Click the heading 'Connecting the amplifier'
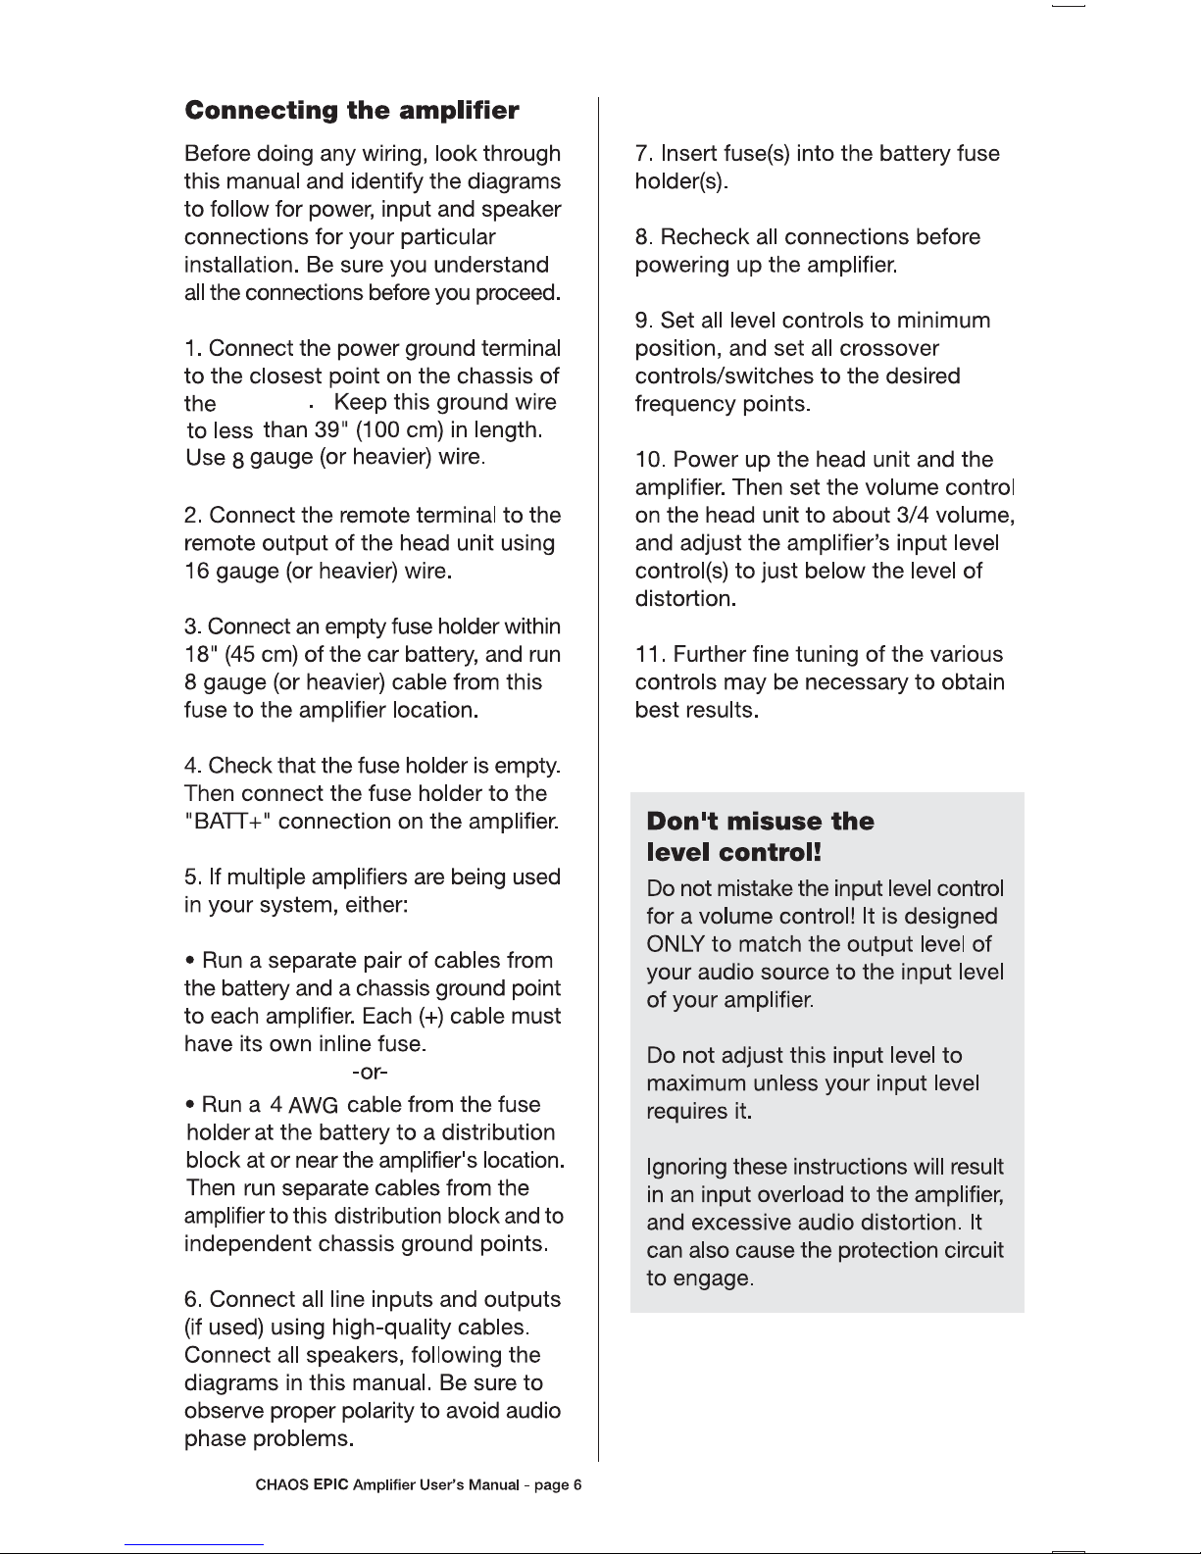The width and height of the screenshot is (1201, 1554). click(352, 110)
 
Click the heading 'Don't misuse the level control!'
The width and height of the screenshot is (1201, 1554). click(760, 836)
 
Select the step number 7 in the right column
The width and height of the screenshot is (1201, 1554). click(642, 154)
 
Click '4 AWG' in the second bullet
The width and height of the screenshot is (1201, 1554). click(304, 1106)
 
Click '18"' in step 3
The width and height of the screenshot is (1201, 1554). click(201, 654)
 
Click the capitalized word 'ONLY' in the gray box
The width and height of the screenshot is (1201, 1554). click(676, 944)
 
